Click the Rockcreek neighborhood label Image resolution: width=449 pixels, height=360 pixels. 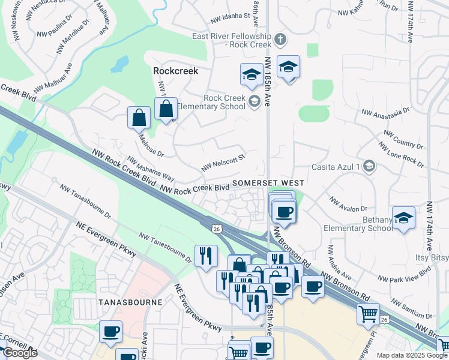click(175, 70)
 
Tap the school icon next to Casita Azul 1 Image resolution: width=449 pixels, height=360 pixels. click(369, 167)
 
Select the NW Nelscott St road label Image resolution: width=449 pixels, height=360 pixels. click(223, 163)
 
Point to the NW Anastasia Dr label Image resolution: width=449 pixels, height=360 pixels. click(384, 112)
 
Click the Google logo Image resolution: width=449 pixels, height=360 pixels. click(20, 353)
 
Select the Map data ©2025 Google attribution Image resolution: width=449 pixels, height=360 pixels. click(412, 355)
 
